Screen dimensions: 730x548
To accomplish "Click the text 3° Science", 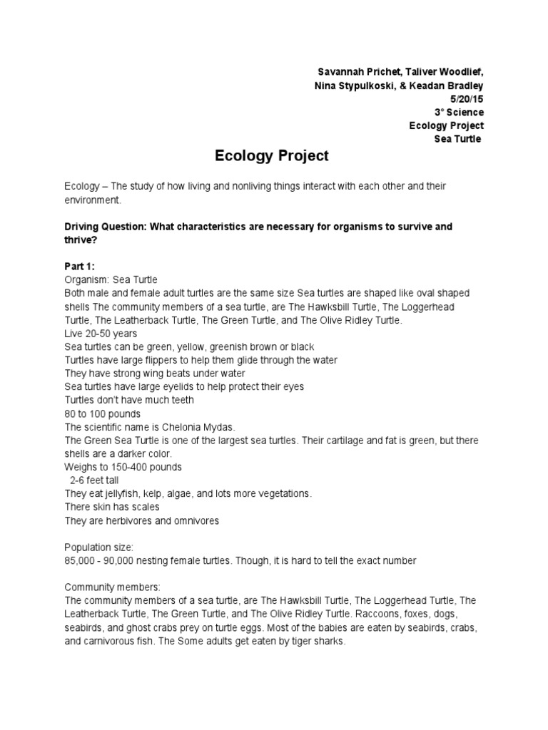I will click(x=460, y=112).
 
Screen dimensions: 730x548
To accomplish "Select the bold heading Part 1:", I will click(x=84, y=267).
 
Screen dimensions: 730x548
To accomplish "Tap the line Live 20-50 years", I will click(x=101, y=334).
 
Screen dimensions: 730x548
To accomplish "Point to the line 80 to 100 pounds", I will click(x=103, y=414).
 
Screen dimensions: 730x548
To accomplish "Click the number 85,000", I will click(x=81, y=561).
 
